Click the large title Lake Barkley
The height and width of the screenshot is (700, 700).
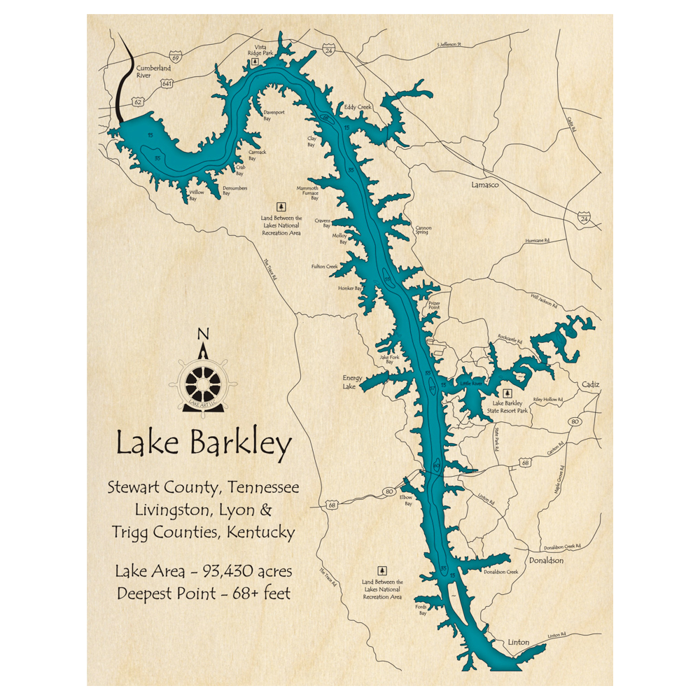pos(204,444)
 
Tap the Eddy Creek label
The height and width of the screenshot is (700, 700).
pos(358,107)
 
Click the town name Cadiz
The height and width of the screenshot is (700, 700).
pos(591,384)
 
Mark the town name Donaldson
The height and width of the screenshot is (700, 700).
pos(546,560)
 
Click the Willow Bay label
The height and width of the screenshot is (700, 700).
pos(194,195)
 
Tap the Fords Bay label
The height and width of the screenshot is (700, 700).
pos(421,610)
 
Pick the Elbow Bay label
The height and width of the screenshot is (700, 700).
pos(406,500)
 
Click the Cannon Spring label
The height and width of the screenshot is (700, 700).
pos(422,230)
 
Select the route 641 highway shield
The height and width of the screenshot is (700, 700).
pos(167,83)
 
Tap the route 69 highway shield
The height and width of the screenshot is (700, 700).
pos(175,55)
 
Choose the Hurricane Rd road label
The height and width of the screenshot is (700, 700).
pos(537,241)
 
